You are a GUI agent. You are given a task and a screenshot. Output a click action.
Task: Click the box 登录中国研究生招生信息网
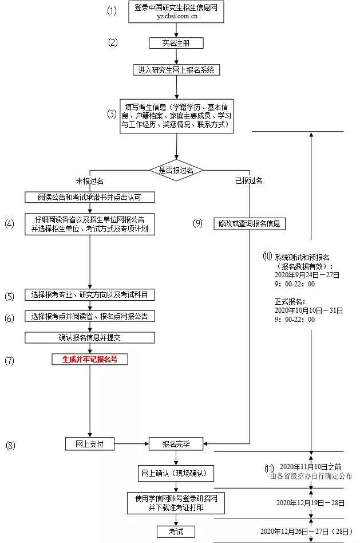coord(176,12)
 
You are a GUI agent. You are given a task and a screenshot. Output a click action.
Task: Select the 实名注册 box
coord(176,43)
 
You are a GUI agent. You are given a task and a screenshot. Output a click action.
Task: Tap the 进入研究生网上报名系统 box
coord(176,70)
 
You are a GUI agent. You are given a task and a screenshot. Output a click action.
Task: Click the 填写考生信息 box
coord(177,116)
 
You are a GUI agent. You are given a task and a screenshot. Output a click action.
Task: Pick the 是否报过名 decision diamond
coord(176,170)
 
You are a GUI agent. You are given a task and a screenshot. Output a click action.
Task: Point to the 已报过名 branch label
coord(249,181)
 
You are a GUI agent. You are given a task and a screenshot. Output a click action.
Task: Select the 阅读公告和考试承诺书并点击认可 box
coord(90,197)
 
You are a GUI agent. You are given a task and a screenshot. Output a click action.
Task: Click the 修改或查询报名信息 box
coord(249,223)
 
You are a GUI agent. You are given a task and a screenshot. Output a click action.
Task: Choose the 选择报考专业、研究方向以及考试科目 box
coord(90,295)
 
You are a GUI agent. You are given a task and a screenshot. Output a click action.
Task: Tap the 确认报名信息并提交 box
coord(90,337)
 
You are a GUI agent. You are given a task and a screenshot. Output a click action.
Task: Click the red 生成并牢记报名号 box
coord(90,360)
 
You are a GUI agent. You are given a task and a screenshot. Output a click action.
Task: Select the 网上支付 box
coord(90,443)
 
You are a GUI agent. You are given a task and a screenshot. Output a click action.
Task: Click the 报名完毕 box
coord(176,443)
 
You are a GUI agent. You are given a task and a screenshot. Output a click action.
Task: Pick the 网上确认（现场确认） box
coord(177,474)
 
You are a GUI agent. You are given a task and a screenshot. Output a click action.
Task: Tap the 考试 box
coord(176,532)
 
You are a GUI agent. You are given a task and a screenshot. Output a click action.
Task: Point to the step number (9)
coord(198,223)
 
